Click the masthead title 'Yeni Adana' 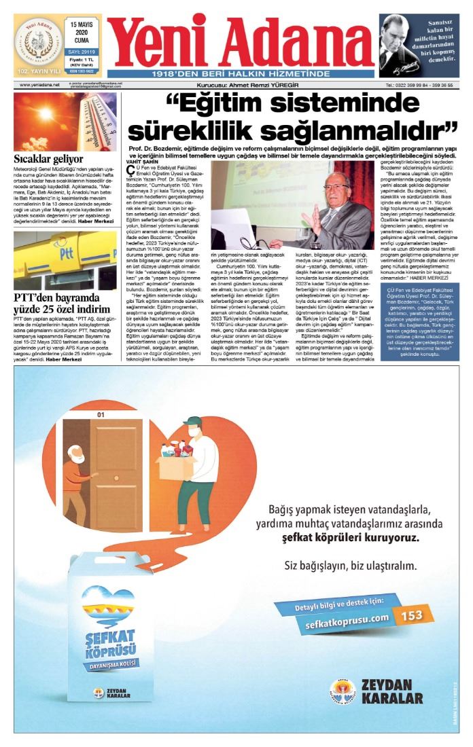(240, 40)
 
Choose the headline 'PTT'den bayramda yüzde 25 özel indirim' (62, 304)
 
